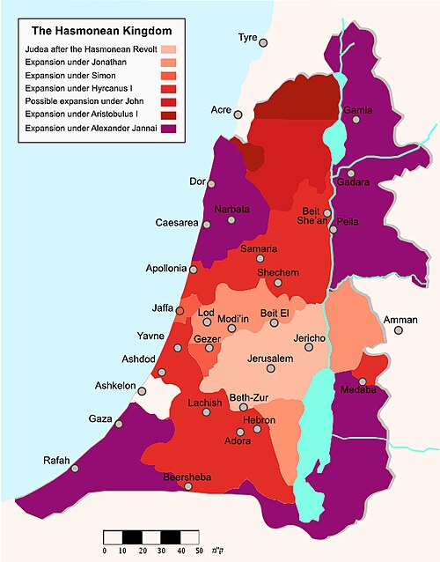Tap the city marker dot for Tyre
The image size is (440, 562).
pyautogui.click(x=263, y=42)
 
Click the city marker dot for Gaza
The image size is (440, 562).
pyautogui.click(x=117, y=425)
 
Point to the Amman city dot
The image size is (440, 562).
pyautogui.click(x=399, y=330)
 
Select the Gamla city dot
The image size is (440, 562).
pyautogui.click(x=356, y=120)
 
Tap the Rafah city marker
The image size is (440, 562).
pyautogui.click(x=75, y=468)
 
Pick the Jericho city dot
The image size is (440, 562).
pyautogui.click(x=308, y=348)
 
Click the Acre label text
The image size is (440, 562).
pyautogui.click(x=221, y=109)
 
